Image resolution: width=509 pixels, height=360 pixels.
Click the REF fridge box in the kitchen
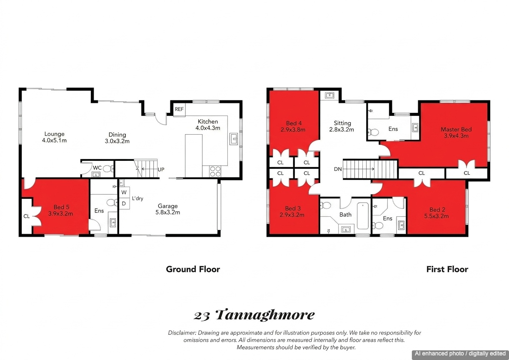[179, 109]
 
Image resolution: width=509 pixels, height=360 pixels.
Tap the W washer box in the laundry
[124, 192]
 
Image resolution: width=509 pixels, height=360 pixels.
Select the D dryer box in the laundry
[124, 204]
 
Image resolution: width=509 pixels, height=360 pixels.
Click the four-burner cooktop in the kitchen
[215, 171]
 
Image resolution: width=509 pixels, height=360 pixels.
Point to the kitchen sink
[234, 138]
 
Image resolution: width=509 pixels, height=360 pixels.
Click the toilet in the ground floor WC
[108, 169]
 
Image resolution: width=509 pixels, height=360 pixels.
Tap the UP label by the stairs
[161, 170]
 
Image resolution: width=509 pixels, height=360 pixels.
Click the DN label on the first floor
[338, 169]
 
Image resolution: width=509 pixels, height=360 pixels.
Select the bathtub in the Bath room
[363, 216]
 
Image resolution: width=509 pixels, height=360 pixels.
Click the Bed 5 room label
[61, 207]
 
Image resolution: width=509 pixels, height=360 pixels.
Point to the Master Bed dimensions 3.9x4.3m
[456, 136]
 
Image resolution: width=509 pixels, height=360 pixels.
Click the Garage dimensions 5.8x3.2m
[168, 212]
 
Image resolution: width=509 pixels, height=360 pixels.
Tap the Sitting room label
[342, 123]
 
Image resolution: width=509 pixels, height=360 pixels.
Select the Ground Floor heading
[193, 269]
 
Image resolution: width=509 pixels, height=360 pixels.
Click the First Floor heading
[447, 269]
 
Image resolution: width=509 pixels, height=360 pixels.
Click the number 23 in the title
[202, 316]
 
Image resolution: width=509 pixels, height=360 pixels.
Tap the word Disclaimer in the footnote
[182, 333]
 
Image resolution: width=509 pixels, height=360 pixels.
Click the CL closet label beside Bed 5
[27, 216]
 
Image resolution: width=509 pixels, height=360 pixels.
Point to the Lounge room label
[54, 134]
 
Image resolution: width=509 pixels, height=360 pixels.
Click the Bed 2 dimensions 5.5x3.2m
[436, 216]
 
